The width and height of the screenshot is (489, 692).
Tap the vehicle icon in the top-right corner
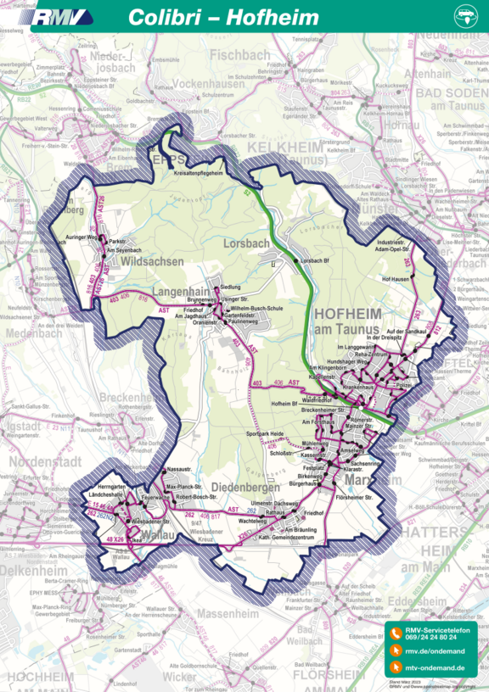(x=466, y=16)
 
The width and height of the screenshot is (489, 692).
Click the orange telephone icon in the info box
(x=396, y=632)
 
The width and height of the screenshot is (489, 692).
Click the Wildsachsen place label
(x=153, y=263)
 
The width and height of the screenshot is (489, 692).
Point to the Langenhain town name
(x=180, y=292)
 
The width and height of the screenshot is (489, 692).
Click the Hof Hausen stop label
(x=396, y=278)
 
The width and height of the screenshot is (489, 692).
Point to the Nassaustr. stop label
(x=179, y=468)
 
